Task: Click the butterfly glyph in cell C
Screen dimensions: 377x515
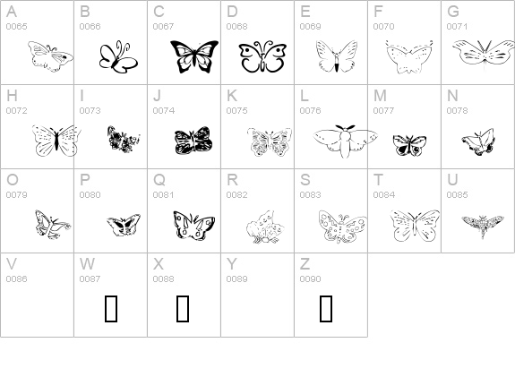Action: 194,56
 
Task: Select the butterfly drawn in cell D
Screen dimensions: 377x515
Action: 262,57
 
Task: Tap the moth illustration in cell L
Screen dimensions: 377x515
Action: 344,141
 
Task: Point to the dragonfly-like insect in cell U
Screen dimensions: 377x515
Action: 482,221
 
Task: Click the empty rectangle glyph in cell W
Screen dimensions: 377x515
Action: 112,308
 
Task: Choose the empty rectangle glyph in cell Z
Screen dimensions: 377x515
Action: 326,308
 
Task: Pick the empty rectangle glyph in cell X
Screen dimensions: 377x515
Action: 183,308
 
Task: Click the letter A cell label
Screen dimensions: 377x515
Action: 11,12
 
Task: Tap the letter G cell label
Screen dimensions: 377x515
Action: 453,12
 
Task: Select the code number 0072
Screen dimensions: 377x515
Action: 16,110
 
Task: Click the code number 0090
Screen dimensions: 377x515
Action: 310,278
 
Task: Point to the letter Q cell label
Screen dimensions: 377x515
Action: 159,179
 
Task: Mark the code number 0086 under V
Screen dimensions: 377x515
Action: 16,278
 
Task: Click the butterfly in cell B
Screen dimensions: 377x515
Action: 117,58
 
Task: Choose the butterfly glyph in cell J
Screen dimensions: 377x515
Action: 193,141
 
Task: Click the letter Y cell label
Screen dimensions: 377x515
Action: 231,263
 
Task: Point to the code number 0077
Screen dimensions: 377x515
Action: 383,110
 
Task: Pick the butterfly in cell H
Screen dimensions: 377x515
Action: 56,141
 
